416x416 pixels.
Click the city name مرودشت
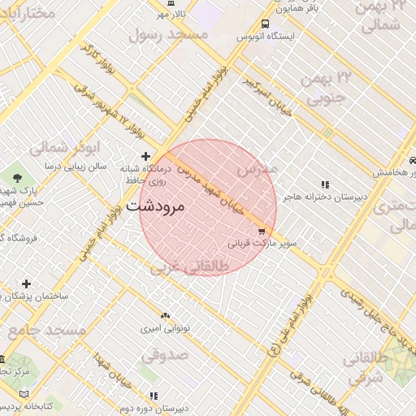click(x=157, y=206)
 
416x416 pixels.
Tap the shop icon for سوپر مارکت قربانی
click(x=261, y=231)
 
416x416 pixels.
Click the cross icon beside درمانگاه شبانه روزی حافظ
click(x=145, y=156)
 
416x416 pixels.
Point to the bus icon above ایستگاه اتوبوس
click(x=265, y=24)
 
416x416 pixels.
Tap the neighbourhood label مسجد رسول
click(x=168, y=34)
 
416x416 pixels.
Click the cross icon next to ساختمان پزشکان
click(x=27, y=284)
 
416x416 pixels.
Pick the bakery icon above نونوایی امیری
click(x=166, y=314)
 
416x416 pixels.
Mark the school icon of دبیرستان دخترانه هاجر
click(x=326, y=184)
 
